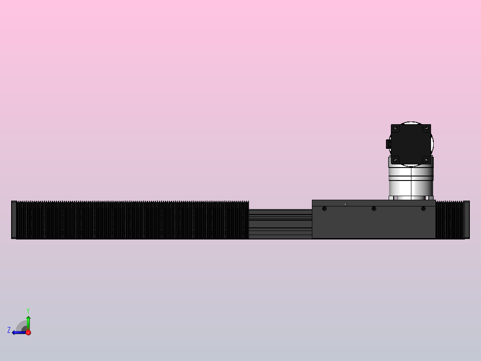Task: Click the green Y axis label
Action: coord(28,310)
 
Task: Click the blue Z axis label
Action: coord(9,330)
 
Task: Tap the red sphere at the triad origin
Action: coord(28,332)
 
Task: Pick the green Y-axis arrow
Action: coord(28,322)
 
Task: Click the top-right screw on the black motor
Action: coord(427,129)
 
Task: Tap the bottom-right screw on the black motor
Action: coord(427,159)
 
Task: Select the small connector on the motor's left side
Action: coord(388,144)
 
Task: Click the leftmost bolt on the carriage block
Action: coord(324,209)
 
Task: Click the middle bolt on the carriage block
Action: coord(374,209)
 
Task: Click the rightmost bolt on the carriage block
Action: coord(423,209)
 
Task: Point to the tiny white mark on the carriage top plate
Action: coord(346,204)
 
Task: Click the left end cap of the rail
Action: coord(14,220)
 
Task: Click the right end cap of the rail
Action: coord(467,220)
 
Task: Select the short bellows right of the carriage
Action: coord(450,220)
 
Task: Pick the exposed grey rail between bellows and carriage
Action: coord(280,223)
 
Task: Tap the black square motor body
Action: coord(411,144)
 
